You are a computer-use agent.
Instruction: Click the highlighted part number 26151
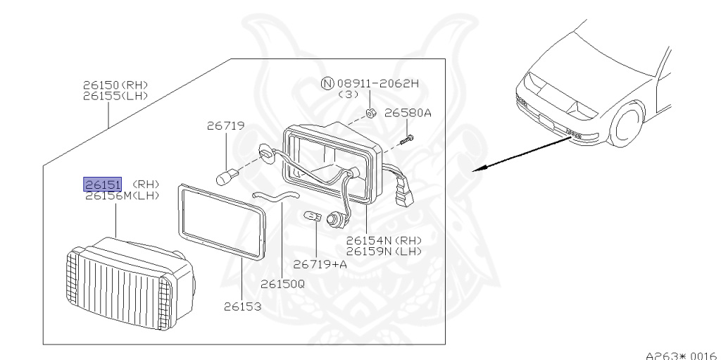(x=103, y=185)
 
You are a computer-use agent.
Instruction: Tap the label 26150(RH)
(x=115, y=85)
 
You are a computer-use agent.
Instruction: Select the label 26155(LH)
(x=115, y=95)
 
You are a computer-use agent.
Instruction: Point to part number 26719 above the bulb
(x=225, y=126)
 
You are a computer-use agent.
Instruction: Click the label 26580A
(x=408, y=112)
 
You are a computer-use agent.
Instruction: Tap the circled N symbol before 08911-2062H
(x=327, y=83)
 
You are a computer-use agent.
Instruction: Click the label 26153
(x=243, y=307)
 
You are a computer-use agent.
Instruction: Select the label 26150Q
(x=282, y=284)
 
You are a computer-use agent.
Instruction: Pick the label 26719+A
(x=320, y=264)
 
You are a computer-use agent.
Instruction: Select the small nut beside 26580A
(x=372, y=113)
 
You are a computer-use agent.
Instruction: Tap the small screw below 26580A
(x=406, y=141)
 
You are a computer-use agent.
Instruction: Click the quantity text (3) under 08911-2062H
(x=349, y=94)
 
